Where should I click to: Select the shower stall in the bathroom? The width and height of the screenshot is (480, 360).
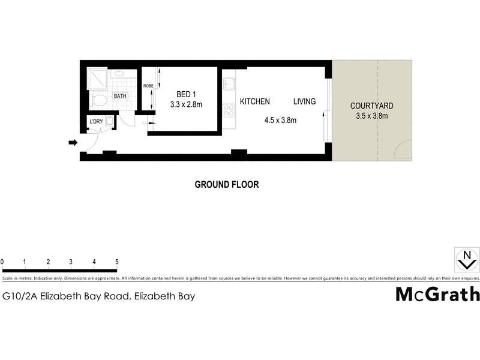click(97, 79)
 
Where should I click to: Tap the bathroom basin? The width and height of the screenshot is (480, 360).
click(118, 74)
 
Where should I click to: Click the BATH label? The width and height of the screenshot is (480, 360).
click(120, 96)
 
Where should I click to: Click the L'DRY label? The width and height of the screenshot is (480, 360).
click(96, 122)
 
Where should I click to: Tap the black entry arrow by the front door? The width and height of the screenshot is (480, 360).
click(73, 143)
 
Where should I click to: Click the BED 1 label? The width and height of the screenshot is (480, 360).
click(186, 94)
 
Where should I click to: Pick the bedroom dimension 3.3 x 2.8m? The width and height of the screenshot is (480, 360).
click(186, 104)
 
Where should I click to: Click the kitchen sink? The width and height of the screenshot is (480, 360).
click(229, 83)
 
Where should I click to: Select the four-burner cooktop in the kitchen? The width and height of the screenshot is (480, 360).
click(229, 110)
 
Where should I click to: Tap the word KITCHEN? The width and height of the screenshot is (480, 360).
click(255, 101)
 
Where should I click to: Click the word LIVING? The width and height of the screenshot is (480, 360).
click(304, 101)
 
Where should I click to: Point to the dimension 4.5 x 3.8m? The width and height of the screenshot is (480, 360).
click(280, 120)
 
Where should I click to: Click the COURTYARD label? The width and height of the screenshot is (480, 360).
click(372, 106)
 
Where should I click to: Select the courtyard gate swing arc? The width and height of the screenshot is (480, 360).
click(402, 150)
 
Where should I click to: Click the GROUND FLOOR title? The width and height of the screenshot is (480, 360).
click(227, 185)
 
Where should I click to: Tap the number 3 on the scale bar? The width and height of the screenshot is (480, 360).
click(71, 262)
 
